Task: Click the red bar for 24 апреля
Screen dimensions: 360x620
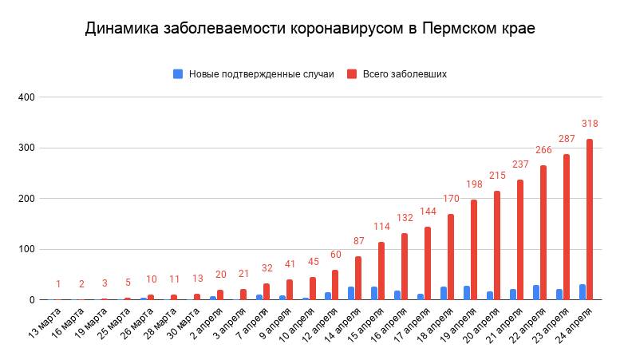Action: click(590, 220)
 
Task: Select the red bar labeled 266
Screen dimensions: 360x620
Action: click(543, 232)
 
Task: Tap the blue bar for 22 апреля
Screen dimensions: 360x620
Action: click(536, 292)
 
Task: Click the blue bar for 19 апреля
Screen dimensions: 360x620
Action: click(467, 293)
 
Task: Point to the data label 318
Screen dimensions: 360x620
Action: click(590, 124)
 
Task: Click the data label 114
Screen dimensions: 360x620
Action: click(381, 226)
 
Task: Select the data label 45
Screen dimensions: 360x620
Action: click(312, 261)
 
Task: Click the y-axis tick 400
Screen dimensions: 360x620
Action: click(27, 97)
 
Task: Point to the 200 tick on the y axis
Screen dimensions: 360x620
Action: click(27, 199)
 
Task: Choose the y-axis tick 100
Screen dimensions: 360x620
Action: click(27, 249)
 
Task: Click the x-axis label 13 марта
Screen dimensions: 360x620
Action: click(45, 323)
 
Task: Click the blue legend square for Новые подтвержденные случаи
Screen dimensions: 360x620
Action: click(178, 73)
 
